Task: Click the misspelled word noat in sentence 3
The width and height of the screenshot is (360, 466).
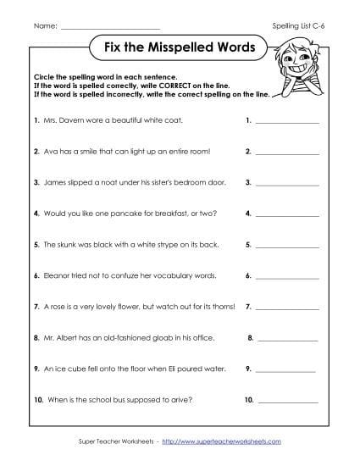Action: [99, 182]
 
